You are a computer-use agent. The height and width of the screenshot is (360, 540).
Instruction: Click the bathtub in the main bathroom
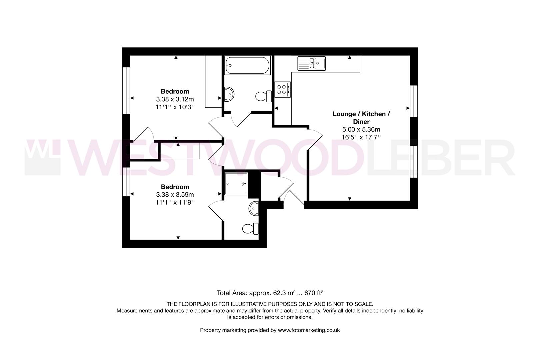[x=247, y=65]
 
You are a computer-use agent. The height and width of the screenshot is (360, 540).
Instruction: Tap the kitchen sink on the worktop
[x=312, y=63]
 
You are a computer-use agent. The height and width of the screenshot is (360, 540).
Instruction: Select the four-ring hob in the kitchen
[x=282, y=89]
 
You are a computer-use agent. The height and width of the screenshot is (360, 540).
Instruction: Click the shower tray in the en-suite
[x=236, y=184]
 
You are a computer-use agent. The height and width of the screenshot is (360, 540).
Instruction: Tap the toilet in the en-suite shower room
[x=250, y=229]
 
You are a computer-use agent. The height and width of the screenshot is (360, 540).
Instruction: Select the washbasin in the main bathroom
[x=230, y=94]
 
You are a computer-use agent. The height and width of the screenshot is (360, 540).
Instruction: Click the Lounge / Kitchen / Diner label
[x=361, y=118]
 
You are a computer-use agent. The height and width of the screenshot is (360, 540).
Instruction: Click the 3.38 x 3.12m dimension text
[x=175, y=99]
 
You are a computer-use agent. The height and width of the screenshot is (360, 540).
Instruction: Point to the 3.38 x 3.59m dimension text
[x=175, y=195]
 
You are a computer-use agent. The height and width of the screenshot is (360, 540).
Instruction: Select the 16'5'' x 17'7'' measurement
[x=361, y=137]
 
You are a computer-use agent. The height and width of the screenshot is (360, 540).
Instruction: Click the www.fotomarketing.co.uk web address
[x=309, y=330]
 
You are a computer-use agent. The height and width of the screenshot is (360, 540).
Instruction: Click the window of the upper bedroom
[x=126, y=91]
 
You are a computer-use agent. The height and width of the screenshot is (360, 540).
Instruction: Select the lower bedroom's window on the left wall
[x=126, y=182]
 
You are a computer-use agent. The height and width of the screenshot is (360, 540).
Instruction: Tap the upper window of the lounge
[x=414, y=101]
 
